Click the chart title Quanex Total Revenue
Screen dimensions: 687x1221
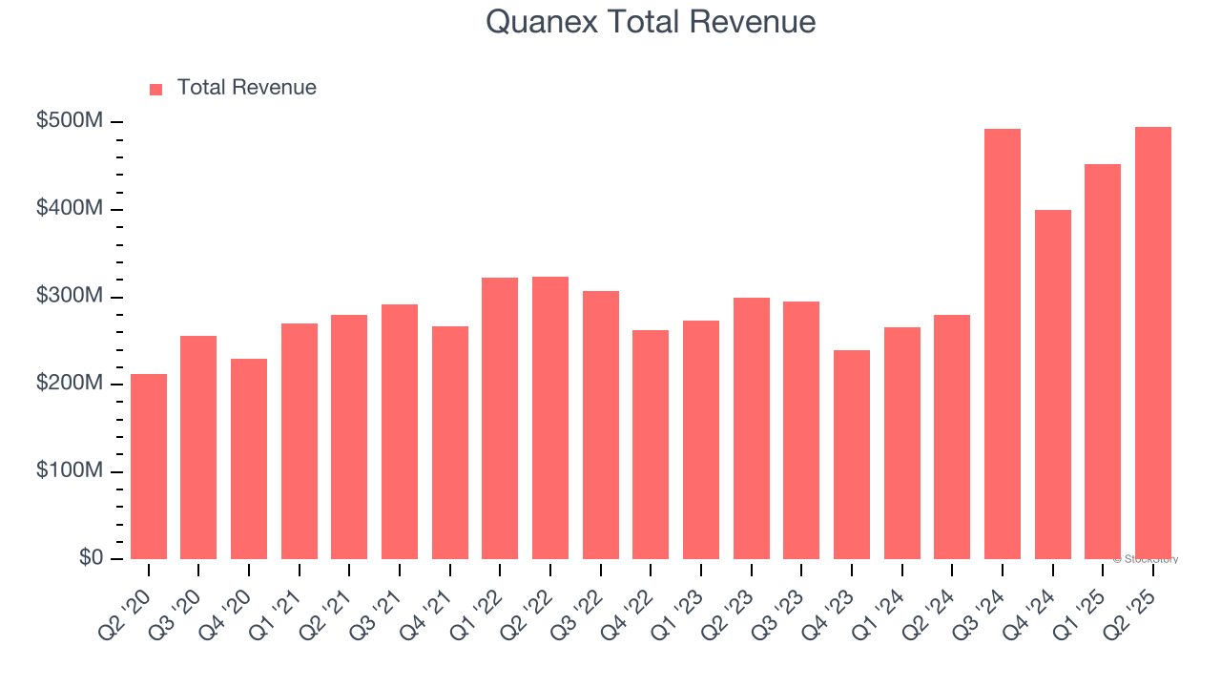coord(650,22)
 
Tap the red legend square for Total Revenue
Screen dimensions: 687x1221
coord(156,89)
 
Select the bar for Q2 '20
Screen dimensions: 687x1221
coord(149,467)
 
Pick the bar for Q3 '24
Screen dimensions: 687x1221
coord(1003,343)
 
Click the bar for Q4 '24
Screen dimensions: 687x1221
coord(1052,385)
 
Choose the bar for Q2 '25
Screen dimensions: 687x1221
coord(1153,343)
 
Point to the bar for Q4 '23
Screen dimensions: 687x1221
coord(852,454)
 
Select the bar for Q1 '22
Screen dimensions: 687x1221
coord(500,418)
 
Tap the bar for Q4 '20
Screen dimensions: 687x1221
coord(249,459)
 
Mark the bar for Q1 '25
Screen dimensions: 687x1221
coord(1103,362)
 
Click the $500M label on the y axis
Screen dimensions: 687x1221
coord(71,121)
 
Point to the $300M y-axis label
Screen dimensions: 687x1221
coord(71,296)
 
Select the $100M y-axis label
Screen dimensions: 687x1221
coord(71,471)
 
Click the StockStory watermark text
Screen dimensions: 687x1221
coord(1146,559)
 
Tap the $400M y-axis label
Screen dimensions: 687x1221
coord(71,208)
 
